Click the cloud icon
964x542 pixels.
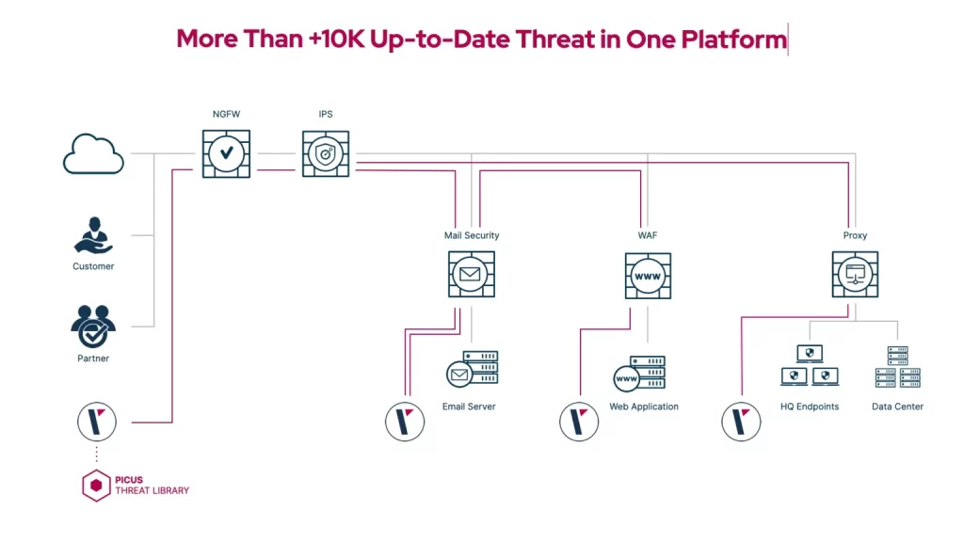[x=93, y=154]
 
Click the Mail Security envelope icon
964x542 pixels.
[x=471, y=274]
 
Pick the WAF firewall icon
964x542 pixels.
[x=648, y=275]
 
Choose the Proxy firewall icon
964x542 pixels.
[x=855, y=274]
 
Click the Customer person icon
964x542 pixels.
[x=93, y=235]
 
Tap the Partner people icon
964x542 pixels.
[x=93, y=327]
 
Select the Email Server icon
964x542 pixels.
[x=472, y=369]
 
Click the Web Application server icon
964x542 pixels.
[x=639, y=374]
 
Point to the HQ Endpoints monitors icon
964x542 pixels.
[x=810, y=366]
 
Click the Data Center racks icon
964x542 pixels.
[x=897, y=367]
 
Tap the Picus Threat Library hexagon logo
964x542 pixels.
[x=95, y=486]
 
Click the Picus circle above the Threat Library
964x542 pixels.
[x=96, y=421]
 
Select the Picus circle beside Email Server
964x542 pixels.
[x=405, y=421]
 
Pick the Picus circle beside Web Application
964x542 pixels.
[x=579, y=421]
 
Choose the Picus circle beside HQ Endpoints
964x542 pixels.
[x=741, y=421]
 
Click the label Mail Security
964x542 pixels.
[x=472, y=235]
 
